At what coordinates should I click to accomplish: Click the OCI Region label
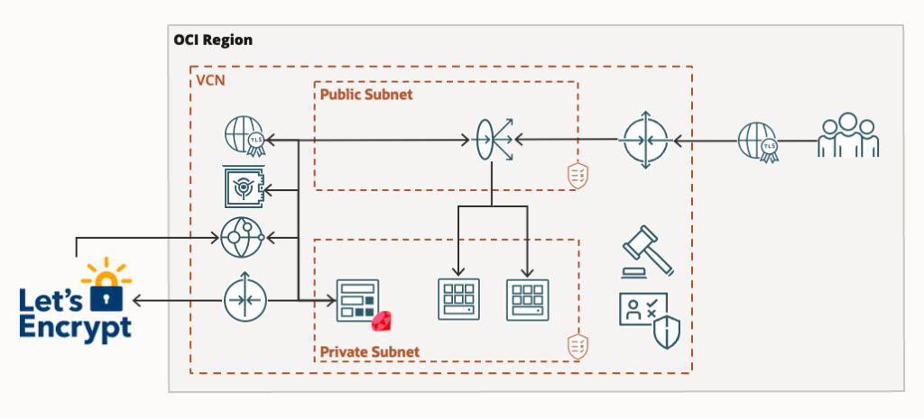tap(213, 40)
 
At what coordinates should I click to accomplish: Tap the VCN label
tap(210, 81)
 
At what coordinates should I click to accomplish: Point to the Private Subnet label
tap(370, 351)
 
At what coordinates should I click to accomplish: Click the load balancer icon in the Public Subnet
tap(492, 140)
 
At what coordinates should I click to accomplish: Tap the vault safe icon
tap(243, 188)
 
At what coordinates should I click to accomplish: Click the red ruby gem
tap(386, 322)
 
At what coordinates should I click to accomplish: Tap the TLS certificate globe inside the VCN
tap(244, 140)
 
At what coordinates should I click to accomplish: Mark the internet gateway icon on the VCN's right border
tap(644, 140)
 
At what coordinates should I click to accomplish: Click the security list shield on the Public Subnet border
tap(577, 176)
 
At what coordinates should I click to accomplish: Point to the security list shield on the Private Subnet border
tap(577, 345)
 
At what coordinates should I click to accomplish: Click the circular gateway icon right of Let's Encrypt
tap(244, 298)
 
